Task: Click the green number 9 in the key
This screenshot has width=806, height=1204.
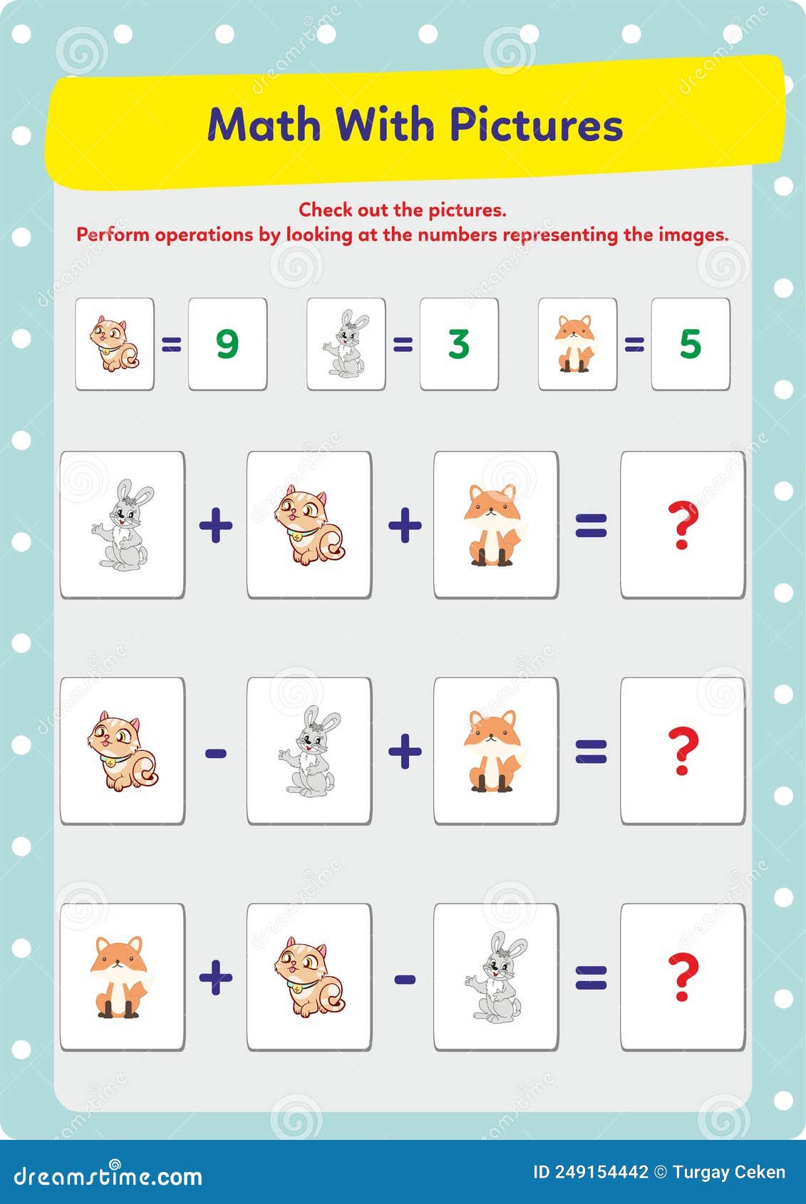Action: pos(227,344)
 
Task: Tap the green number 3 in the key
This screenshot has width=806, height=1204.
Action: pos(459,344)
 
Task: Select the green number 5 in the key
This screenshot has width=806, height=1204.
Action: pos(691,344)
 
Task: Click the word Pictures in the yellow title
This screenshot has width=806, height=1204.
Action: pos(536,125)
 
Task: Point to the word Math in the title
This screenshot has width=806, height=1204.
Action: pos(264,125)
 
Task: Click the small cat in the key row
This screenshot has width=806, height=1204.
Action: pos(114,343)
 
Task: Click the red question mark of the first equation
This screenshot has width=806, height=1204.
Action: pos(683,525)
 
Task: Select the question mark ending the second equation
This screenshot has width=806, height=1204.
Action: pos(683,751)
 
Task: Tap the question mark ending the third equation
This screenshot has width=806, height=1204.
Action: pos(683,977)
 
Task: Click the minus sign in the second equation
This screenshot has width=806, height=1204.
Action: pos(216,753)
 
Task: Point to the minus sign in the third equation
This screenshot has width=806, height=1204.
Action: pos(405,979)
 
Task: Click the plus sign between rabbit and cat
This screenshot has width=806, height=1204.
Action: pos(216,525)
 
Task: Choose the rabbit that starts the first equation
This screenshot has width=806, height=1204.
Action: pos(123,524)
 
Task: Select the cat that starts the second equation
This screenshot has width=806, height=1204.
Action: pos(123,751)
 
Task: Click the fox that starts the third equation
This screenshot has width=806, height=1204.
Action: pos(119,977)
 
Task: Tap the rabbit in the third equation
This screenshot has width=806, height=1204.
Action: pos(496,976)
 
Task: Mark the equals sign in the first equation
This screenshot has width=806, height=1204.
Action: pos(591,526)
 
